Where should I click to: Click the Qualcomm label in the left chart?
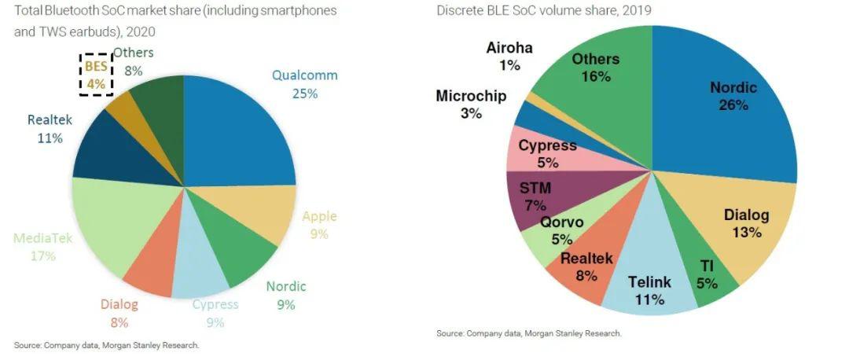(x=304, y=84)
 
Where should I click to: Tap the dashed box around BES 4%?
(x=95, y=75)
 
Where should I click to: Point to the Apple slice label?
(x=318, y=226)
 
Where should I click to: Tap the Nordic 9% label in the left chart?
(x=285, y=294)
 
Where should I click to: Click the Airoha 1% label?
(x=509, y=56)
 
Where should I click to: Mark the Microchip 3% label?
(x=471, y=105)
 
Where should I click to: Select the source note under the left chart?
(x=107, y=345)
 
